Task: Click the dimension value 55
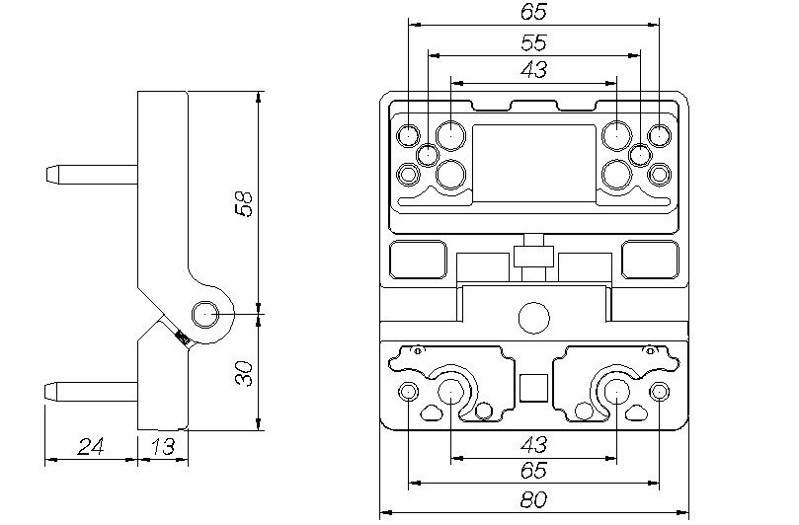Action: point(533,42)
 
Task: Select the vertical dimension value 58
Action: point(246,203)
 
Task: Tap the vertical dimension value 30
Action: point(246,373)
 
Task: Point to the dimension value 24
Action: point(91,448)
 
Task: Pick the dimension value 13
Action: point(162,448)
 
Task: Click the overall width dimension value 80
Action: point(533,499)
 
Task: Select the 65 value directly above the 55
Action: point(533,13)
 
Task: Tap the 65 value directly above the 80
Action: point(533,473)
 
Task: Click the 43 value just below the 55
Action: point(533,69)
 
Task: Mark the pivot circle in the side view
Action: point(206,314)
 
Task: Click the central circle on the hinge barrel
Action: point(533,317)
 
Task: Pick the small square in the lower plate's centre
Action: point(533,389)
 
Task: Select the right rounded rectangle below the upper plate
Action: point(650,261)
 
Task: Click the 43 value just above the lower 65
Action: point(533,445)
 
